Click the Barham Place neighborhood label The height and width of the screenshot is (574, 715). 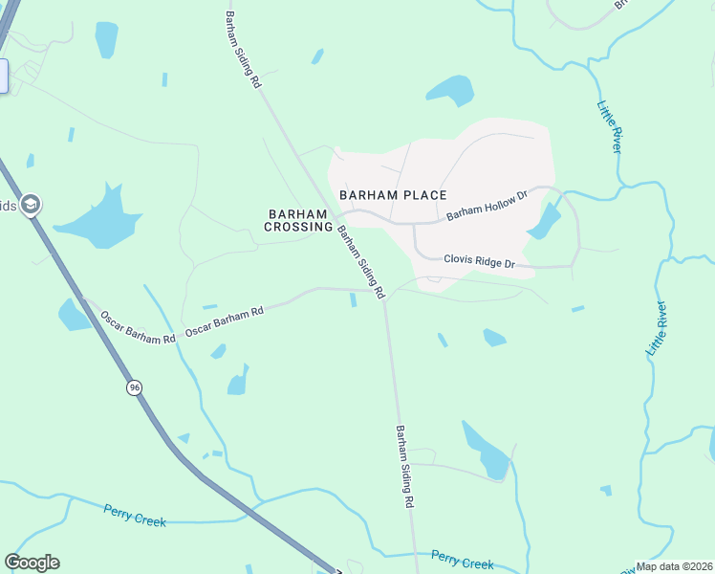[393, 195]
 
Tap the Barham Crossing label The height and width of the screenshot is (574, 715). [299, 220]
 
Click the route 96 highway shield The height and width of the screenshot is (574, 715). [135, 387]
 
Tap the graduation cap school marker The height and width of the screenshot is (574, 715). [31, 205]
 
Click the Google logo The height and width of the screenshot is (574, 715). [32, 563]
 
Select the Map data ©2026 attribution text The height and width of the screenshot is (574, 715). [675, 566]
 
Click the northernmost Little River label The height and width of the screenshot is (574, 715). [609, 126]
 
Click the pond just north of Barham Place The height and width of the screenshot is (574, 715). [451, 92]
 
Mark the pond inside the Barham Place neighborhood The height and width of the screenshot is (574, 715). [544, 223]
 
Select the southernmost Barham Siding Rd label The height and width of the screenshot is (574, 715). [404, 466]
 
